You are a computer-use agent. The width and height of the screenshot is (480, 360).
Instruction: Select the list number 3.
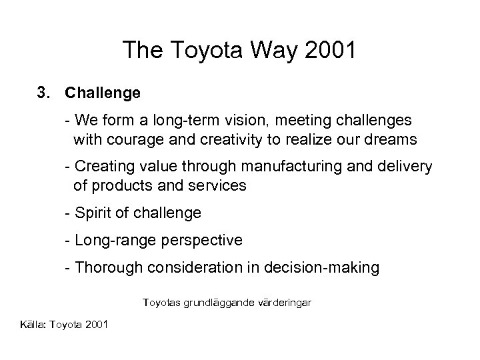(44, 93)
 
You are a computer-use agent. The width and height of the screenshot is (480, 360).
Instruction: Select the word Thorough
(107, 268)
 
